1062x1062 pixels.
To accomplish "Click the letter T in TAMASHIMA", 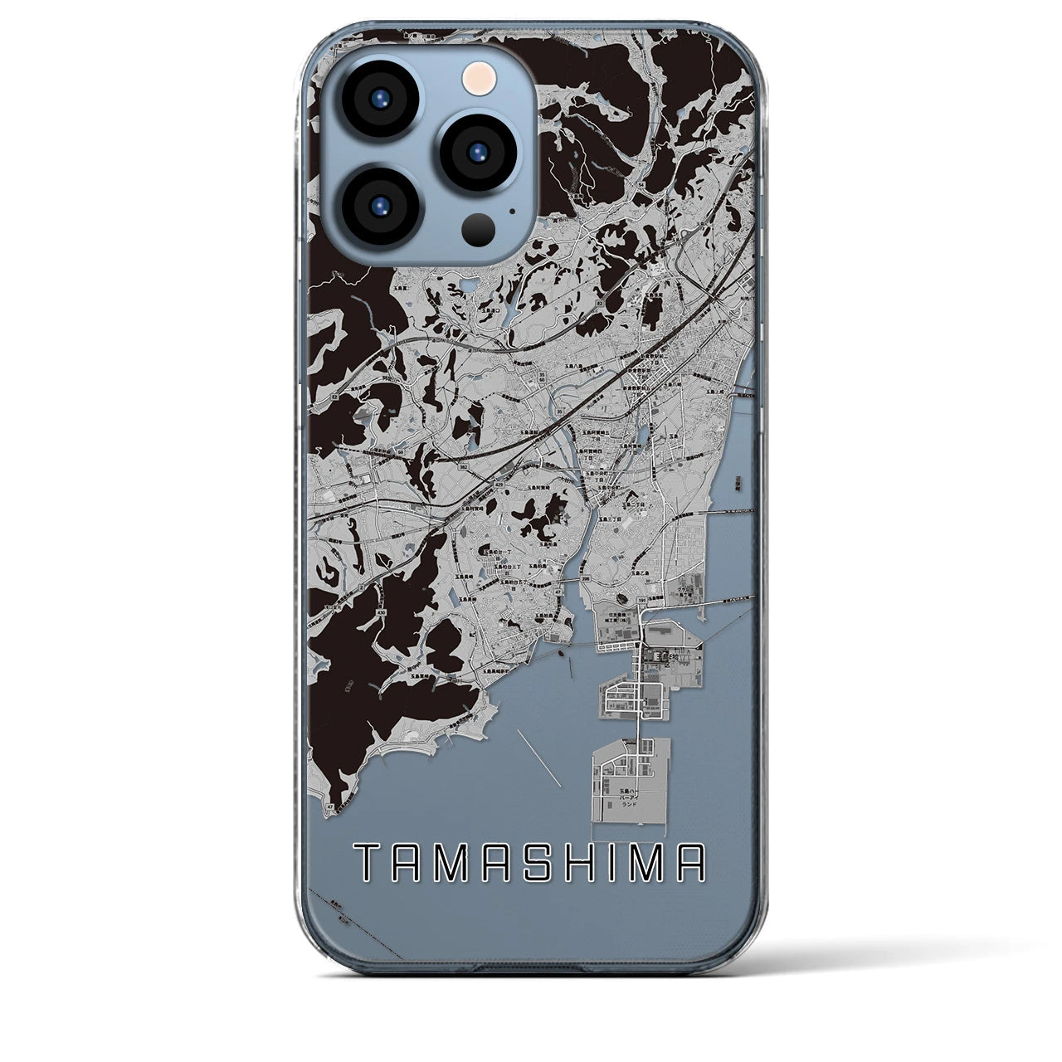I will point(366,863).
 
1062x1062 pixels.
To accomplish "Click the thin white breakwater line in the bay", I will point(539,755).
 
